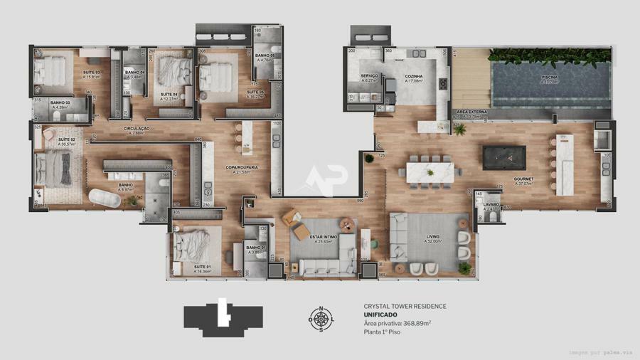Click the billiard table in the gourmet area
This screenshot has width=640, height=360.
tap(504, 157)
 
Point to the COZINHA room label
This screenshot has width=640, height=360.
tap(414, 75)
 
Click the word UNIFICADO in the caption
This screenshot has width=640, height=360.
tap(380, 314)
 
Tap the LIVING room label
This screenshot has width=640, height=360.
tap(433, 236)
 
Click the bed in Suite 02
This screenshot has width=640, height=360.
tap(53, 169)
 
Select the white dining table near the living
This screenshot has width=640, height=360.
tap(430, 171)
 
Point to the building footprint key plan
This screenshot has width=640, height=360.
tap(223, 318)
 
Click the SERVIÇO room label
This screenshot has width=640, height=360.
tap(369, 75)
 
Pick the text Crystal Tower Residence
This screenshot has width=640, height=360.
tap(405, 306)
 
